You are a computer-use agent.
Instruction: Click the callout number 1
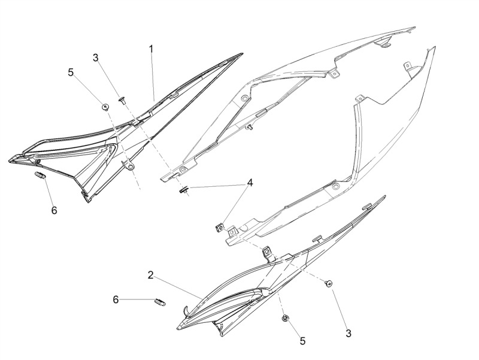[151, 49]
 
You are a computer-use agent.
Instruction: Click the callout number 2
[150, 275]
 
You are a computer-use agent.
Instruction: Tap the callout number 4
[250, 183]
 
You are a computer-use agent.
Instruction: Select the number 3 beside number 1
[96, 58]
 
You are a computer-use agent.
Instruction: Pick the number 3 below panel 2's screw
[348, 333]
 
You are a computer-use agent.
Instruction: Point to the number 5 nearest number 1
[71, 72]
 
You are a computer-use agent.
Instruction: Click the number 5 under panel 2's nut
[302, 341]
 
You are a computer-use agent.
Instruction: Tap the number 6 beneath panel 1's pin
[54, 210]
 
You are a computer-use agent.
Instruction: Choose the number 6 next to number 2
[116, 300]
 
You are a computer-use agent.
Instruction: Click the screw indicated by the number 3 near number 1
[123, 100]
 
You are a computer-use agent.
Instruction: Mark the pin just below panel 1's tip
[40, 176]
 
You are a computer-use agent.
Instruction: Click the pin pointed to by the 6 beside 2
[160, 302]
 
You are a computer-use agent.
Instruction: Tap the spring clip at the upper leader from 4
[183, 190]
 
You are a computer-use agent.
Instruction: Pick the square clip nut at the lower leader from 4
[220, 228]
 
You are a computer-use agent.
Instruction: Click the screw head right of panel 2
[329, 283]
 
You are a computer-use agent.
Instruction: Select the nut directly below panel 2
[286, 318]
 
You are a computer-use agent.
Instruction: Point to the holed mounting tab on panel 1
[129, 165]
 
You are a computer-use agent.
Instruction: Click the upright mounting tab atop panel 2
[268, 253]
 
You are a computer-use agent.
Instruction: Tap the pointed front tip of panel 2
[178, 328]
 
